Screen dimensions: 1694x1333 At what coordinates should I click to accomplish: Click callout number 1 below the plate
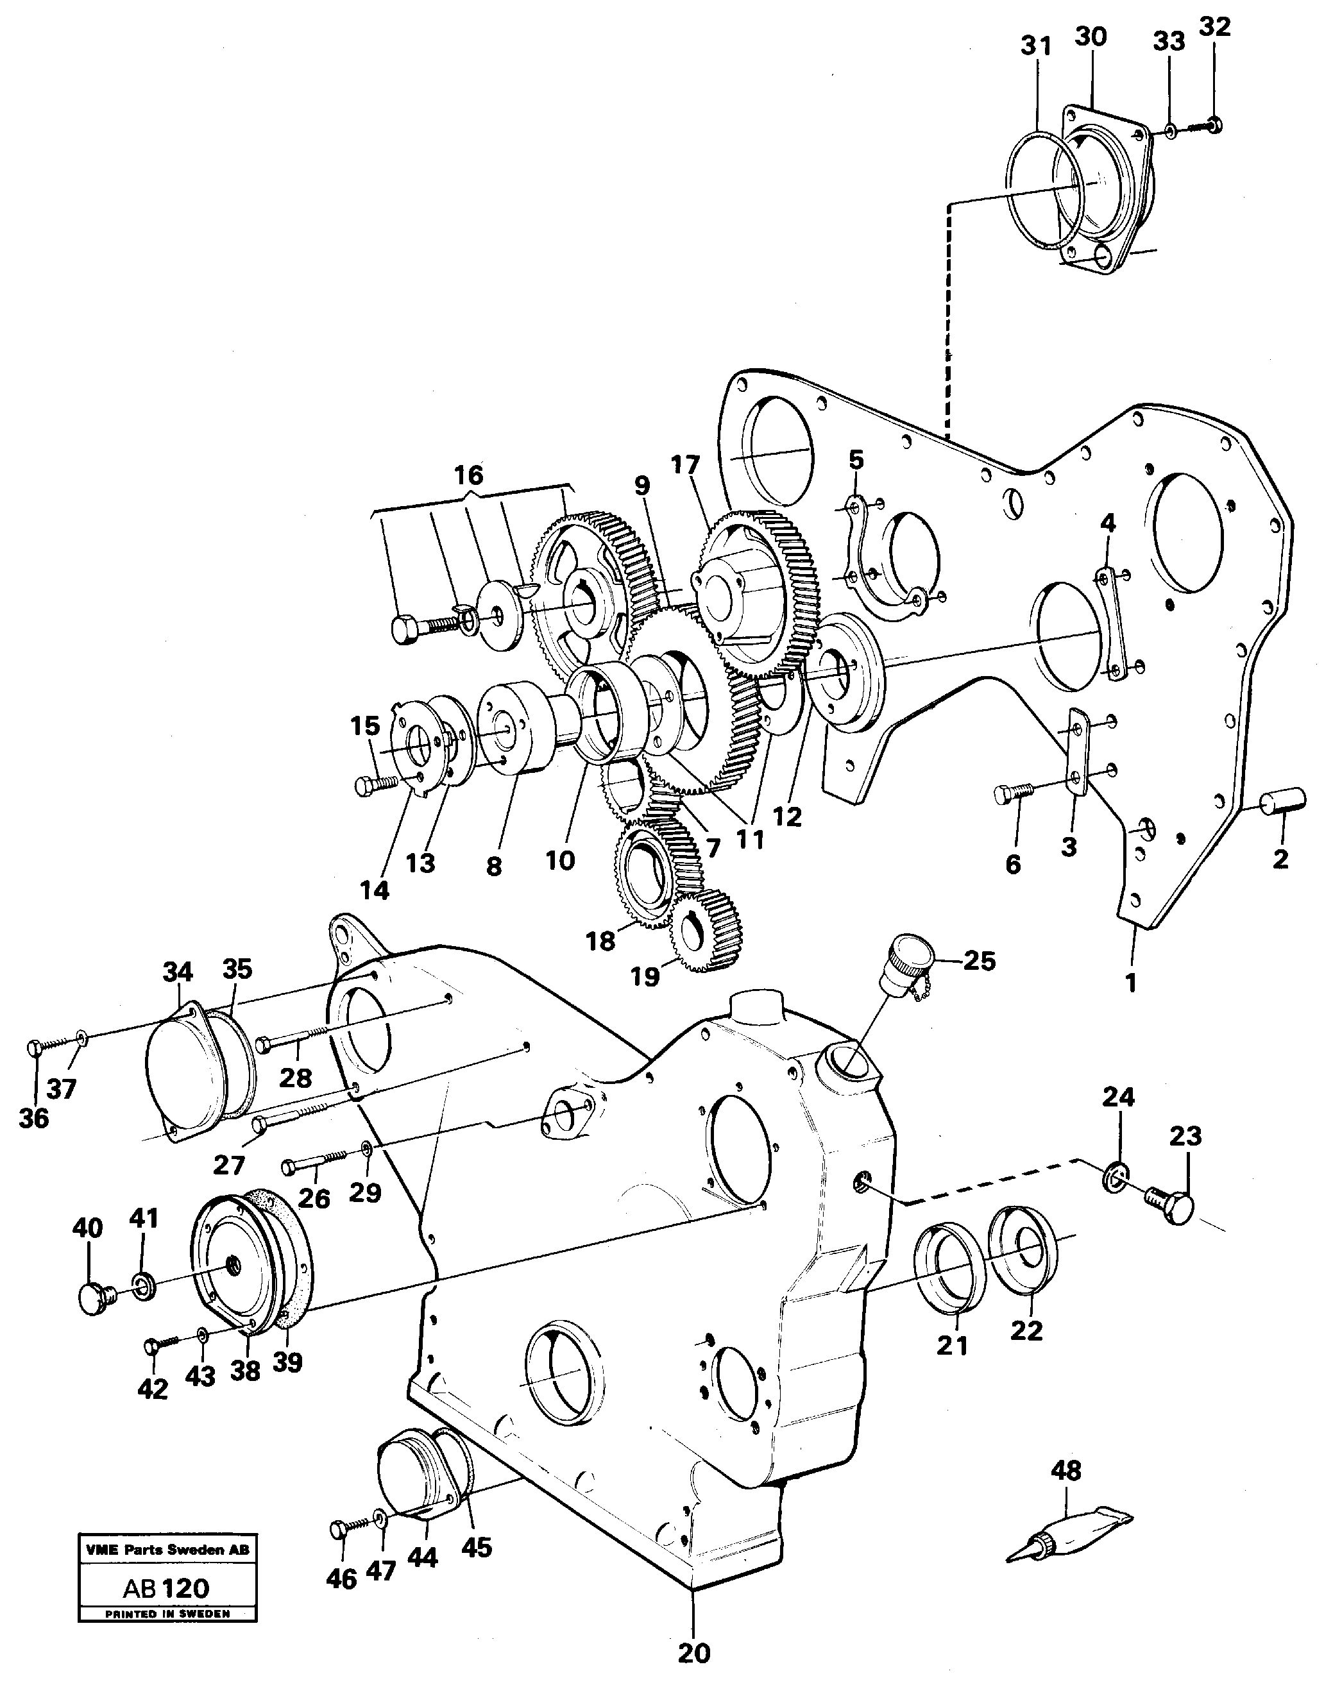tap(1131, 984)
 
